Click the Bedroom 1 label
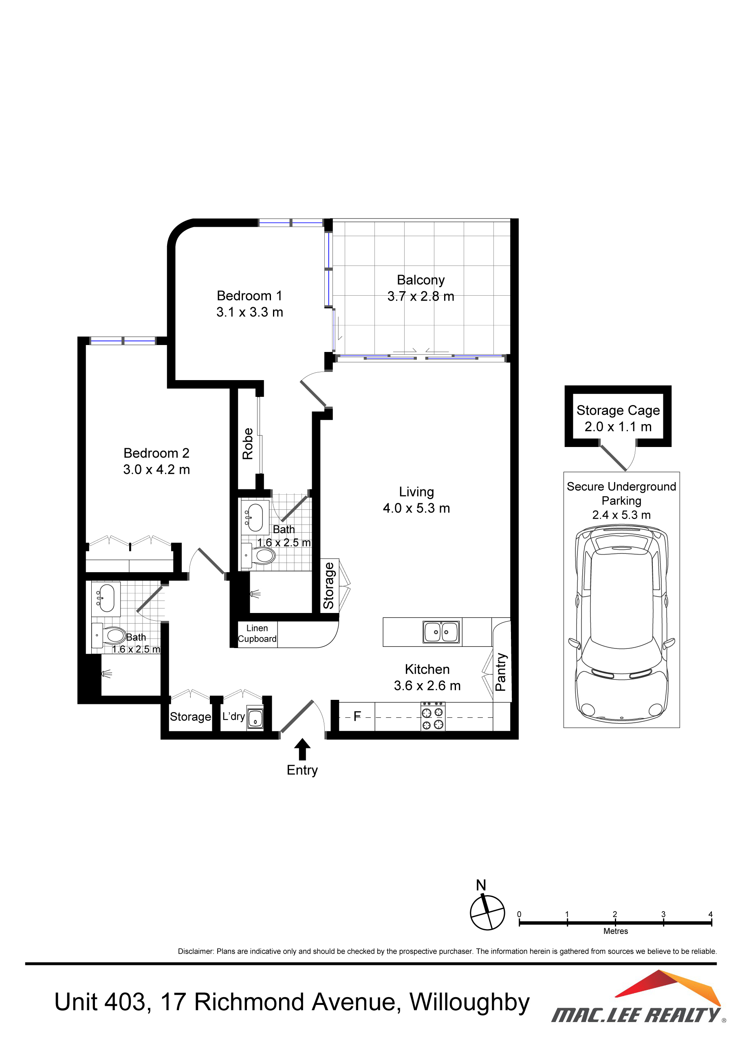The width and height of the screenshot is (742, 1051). [x=249, y=296]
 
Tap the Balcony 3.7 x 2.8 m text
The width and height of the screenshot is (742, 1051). [x=421, y=288]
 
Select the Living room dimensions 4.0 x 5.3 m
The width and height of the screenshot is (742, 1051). [x=416, y=508]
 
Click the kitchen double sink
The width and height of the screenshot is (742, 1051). [x=441, y=632]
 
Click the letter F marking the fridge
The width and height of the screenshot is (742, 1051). [x=357, y=717]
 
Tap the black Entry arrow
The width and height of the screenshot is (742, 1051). [x=302, y=749]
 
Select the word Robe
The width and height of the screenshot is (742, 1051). [x=247, y=444]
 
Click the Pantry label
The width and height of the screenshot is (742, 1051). [x=501, y=672]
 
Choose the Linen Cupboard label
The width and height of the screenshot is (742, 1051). [x=257, y=633]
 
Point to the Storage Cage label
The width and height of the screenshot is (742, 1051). [x=618, y=411]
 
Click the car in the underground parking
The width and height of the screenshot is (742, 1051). [x=621, y=625]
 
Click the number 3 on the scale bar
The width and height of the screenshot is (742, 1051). [x=663, y=914]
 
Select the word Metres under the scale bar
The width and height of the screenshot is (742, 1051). [x=615, y=931]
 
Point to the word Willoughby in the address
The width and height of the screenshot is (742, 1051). [x=469, y=1003]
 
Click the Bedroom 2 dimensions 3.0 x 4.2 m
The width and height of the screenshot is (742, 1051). [x=156, y=470]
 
